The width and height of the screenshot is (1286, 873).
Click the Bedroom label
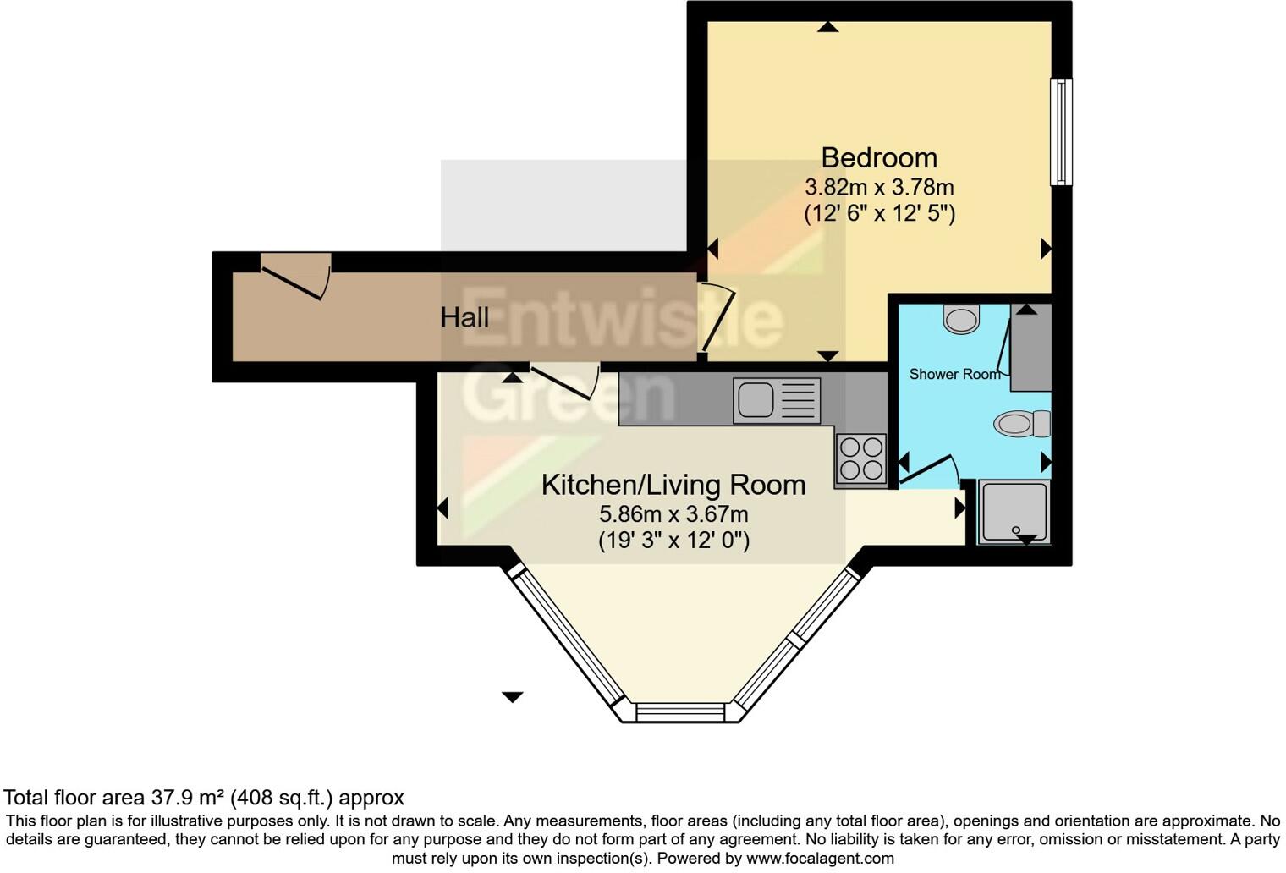pos(879,158)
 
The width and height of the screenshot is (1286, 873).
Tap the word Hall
pos(464,318)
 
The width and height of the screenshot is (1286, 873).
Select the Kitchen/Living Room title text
pos(673,486)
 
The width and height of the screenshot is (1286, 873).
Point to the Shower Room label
pos(954,374)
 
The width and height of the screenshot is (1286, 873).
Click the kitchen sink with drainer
pos(777,400)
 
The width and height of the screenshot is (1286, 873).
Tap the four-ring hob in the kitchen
pos(860,458)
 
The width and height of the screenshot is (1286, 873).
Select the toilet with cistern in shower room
pos(1022,423)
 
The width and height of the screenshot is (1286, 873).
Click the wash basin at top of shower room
pos(960,319)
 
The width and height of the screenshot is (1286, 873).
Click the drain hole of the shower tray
pos(1016,530)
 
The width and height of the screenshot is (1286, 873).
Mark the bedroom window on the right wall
pos(1061,132)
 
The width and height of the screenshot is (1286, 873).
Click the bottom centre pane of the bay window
pos(680,713)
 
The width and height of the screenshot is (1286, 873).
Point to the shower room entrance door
pos(929,470)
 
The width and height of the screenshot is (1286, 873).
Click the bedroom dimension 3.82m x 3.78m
pos(879,187)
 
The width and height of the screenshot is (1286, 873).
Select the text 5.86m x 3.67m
pos(673,514)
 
